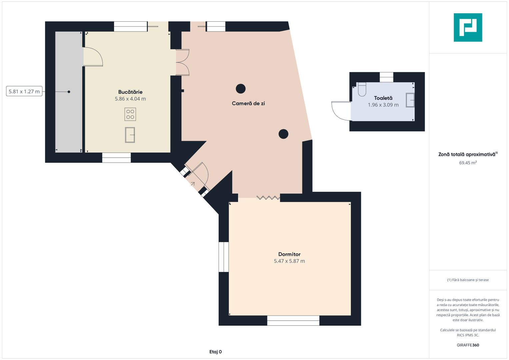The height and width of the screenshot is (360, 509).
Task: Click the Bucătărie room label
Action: (130, 92)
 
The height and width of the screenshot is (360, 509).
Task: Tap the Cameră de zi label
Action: (248, 103)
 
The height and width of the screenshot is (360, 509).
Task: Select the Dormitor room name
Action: (289, 254)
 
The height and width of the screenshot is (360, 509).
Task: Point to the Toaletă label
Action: (383, 98)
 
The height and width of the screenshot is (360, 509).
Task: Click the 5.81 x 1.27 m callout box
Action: (24, 91)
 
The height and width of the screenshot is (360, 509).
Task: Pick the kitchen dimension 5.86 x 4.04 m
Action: (130, 99)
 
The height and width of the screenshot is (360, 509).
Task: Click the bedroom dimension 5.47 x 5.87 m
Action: (289, 261)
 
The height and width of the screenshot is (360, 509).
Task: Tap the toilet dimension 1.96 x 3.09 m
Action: (383, 105)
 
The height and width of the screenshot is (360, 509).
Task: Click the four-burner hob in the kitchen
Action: (130, 114)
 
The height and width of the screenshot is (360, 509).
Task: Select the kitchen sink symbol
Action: (130, 135)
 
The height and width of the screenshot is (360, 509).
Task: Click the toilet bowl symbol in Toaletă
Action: (362, 89)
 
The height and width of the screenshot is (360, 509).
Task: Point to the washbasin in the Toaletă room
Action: (410, 100)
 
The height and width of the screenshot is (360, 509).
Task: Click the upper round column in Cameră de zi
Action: (241, 89)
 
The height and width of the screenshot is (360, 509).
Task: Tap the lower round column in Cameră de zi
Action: (283, 134)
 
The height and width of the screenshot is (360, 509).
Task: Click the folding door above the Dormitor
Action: (268, 198)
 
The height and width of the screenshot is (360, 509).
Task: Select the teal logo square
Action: (468, 27)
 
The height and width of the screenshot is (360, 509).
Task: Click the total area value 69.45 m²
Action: (468, 163)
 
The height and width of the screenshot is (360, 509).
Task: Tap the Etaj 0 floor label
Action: (215, 352)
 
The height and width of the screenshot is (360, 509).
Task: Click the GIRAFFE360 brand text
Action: (468, 345)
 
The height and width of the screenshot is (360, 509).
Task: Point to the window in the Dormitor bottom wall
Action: (293, 320)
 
